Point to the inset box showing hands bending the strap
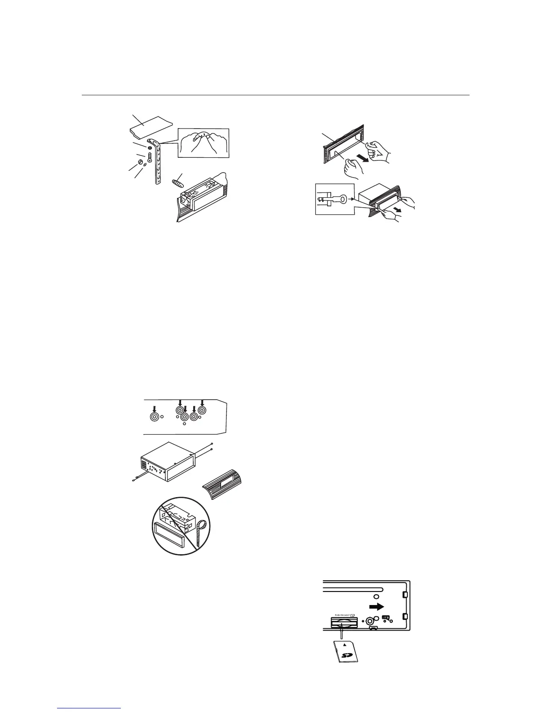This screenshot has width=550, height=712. (204, 142)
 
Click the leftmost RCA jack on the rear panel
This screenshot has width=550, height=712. (154, 417)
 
